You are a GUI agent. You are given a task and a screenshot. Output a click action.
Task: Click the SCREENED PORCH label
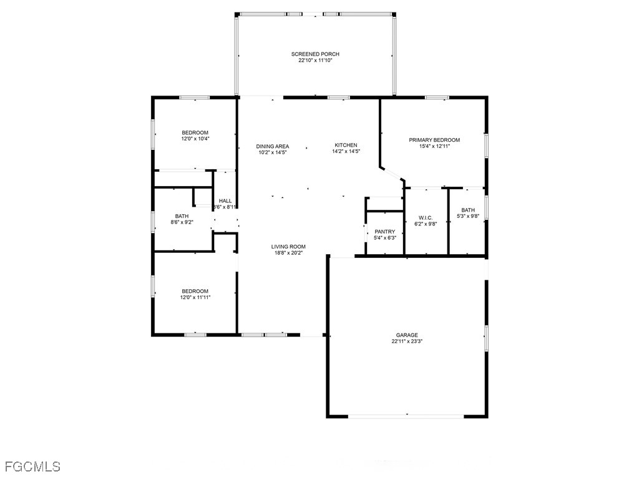click(x=315, y=54)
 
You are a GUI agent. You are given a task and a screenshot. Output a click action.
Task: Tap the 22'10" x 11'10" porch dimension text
click(x=315, y=61)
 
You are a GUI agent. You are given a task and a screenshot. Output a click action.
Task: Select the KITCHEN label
click(x=346, y=145)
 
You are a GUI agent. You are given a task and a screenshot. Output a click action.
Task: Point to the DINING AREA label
click(x=273, y=146)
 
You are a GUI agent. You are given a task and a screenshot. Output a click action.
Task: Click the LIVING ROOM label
click(x=287, y=246)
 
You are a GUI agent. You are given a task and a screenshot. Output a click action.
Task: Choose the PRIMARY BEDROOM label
click(x=434, y=140)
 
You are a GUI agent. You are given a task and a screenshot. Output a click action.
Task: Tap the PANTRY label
click(x=385, y=232)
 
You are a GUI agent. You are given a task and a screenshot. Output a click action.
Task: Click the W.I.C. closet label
click(x=426, y=217)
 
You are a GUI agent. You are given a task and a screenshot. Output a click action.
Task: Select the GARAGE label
click(x=406, y=335)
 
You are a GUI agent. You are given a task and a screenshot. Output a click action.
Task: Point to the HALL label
click(x=225, y=200)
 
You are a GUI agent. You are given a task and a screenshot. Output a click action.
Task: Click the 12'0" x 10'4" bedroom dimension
click(x=195, y=139)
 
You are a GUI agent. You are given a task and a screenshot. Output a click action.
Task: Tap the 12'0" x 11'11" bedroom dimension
click(x=195, y=297)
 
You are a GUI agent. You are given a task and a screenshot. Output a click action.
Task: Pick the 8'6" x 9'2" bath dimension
click(x=183, y=222)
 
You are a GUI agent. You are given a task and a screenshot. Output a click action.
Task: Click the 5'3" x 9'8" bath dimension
click(x=468, y=216)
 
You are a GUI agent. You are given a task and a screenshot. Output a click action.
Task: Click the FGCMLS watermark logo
click(x=32, y=466)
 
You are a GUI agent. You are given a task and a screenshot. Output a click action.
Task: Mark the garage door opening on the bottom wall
click(x=406, y=415)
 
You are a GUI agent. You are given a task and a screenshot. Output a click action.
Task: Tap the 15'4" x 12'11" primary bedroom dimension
click(x=434, y=146)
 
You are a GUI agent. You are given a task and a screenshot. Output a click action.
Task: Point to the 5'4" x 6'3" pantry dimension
click(x=385, y=238)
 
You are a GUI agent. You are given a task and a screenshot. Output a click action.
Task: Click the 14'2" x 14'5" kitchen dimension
click(x=346, y=151)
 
